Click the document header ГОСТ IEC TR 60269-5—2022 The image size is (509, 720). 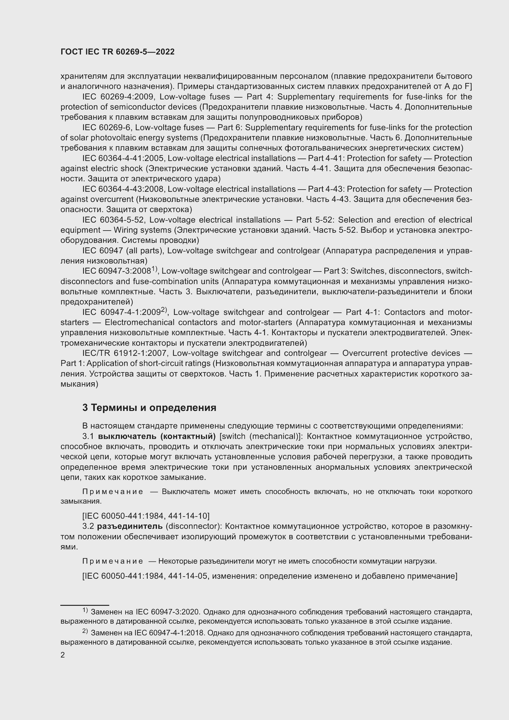(118, 52)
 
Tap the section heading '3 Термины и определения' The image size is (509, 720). (149, 408)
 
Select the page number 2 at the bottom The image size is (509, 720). (63, 655)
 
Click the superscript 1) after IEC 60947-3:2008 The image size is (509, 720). (154, 269)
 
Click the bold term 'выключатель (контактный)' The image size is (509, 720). (157, 436)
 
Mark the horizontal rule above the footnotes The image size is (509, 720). (85, 605)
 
